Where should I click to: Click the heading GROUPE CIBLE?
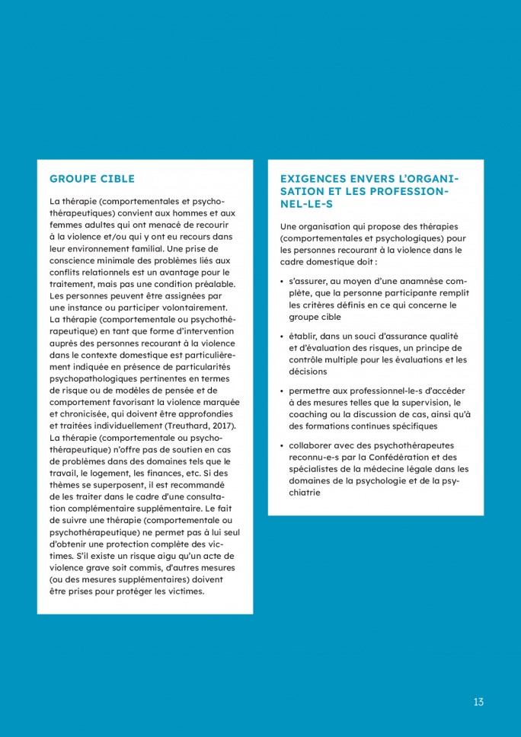91,180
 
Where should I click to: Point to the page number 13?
478,702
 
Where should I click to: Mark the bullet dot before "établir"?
282,337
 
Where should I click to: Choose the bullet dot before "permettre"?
282,391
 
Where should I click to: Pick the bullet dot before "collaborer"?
282,445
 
